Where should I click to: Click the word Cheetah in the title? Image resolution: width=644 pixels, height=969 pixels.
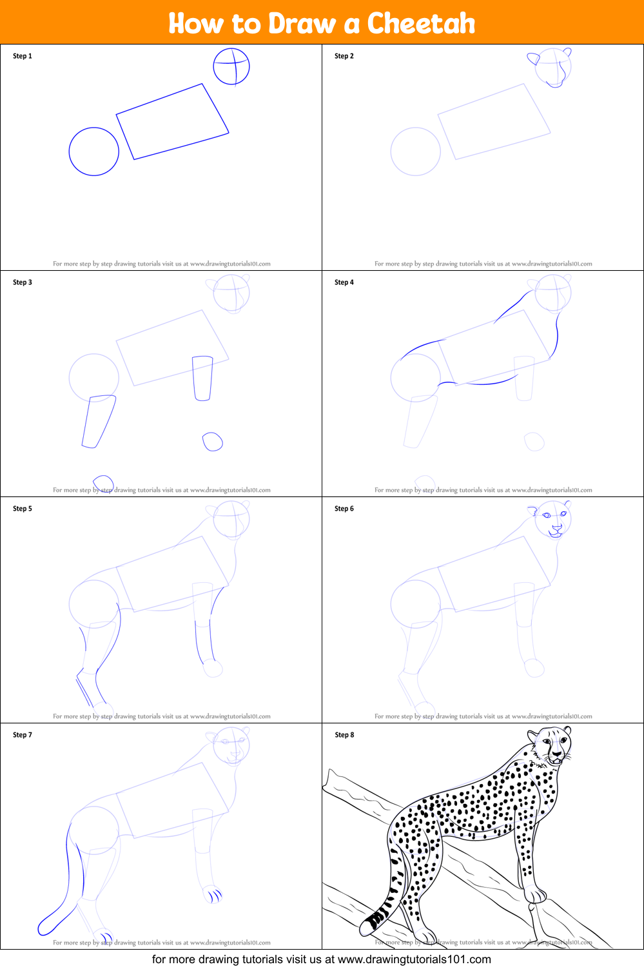click(421, 23)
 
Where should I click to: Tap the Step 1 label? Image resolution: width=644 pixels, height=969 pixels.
click(23, 56)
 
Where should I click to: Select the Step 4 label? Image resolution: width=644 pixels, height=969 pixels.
click(344, 282)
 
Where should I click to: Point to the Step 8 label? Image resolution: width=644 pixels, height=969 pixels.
click(344, 735)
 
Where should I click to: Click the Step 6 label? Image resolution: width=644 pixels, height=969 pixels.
click(344, 509)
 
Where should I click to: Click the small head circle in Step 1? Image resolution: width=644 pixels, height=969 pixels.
click(231, 66)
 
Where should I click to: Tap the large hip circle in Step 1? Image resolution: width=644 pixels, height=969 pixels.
click(94, 152)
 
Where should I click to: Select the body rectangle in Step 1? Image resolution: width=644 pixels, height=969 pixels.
click(172, 121)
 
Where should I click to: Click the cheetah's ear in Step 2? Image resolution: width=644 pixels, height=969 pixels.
click(533, 59)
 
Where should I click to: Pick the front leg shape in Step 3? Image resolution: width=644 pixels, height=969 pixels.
click(202, 378)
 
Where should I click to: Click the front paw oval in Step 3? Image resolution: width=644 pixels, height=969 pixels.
click(213, 442)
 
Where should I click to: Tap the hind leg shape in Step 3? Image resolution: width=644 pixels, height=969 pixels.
click(99, 421)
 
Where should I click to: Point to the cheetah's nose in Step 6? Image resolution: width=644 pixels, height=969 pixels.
click(556, 527)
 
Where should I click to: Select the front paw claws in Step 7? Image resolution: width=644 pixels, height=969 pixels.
click(214, 895)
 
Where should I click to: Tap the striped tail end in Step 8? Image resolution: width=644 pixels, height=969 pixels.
click(374, 921)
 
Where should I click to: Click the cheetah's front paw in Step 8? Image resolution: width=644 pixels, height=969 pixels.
click(535, 894)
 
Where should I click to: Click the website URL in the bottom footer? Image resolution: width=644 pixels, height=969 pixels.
click(414, 959)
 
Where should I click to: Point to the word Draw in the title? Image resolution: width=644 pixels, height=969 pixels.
click(302, 23)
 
